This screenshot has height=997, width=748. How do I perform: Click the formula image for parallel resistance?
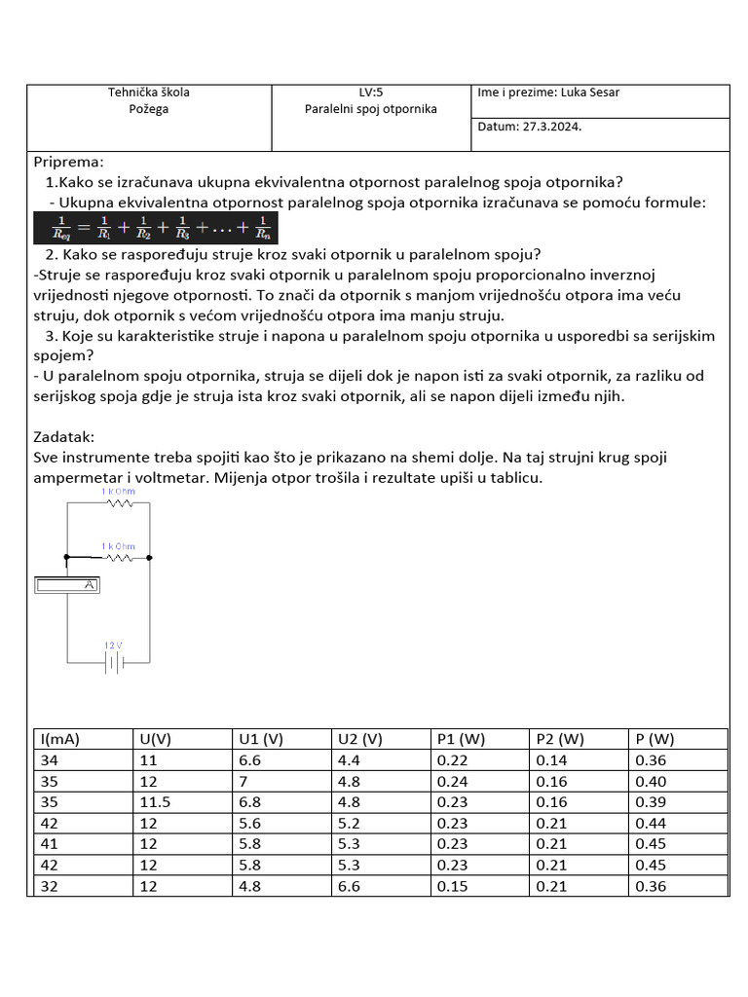(155, 229)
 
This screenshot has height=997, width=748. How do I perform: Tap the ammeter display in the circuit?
(68, 585)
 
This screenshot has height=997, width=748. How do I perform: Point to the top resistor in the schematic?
(119, 503)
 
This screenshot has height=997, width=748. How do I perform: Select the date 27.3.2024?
(558, 127)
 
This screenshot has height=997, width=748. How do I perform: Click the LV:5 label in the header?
(371, 92)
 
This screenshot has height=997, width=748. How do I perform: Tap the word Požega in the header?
(149, 109)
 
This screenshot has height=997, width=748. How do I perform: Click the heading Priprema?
(68, 162)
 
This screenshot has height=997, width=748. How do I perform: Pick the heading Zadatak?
(64, 437)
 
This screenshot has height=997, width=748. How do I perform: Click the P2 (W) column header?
(560, 739)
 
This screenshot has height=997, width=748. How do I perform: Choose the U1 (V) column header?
(260, 739)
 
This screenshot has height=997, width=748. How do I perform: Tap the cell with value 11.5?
(152, 802)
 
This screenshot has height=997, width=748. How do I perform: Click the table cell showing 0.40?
(651, 782)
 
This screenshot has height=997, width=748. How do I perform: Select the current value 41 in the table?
(49, 844)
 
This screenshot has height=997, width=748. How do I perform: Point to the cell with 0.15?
(453, 886)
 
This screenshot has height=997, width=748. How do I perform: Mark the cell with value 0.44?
(651, 824)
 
